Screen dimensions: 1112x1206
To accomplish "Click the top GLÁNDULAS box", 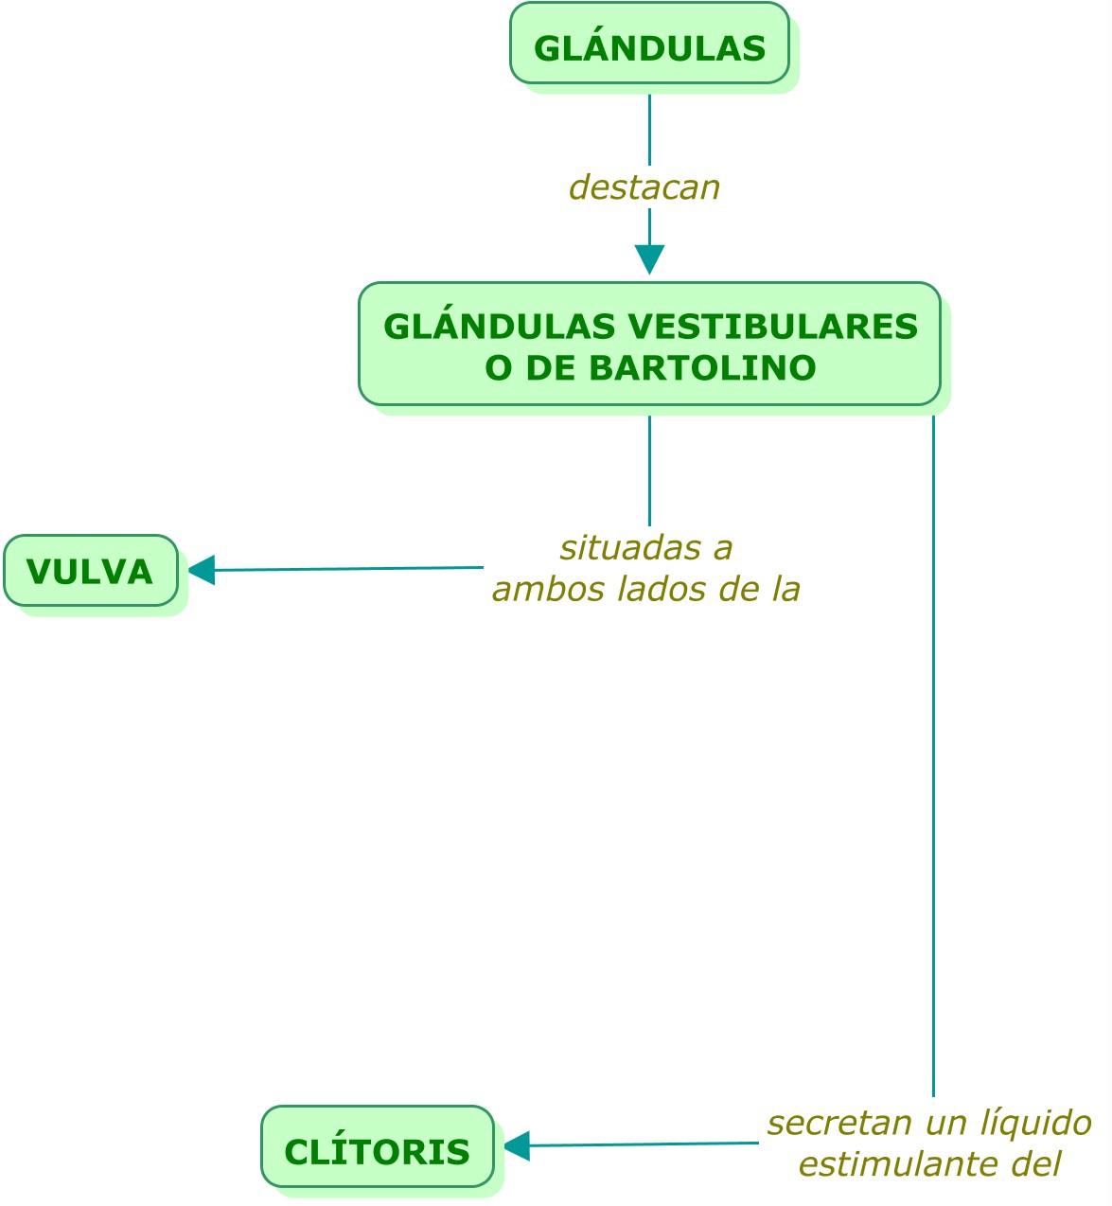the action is (x=648, y=43).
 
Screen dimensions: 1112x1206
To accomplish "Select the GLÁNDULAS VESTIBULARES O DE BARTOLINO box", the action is (x=648, y=344).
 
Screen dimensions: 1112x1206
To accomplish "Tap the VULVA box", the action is (x=91, y=570).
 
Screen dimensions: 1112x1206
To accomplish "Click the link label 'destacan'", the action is (x=644, y=187).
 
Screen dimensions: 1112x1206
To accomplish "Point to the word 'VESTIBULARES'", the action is (x=772, y=327).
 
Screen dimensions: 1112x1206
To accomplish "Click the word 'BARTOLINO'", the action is (x=702, y=368).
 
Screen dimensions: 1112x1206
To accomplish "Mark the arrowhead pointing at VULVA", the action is (x=202, y=570).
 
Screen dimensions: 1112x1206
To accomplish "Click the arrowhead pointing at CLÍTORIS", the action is (x=517, y=1145).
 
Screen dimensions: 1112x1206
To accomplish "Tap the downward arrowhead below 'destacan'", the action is (x=649, y=259).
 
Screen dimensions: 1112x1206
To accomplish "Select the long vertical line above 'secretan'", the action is (x=933, y=756).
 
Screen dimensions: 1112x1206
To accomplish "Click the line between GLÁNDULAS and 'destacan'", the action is (x=649, y=130).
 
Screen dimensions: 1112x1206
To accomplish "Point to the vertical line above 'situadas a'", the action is (x=649, y=470).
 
